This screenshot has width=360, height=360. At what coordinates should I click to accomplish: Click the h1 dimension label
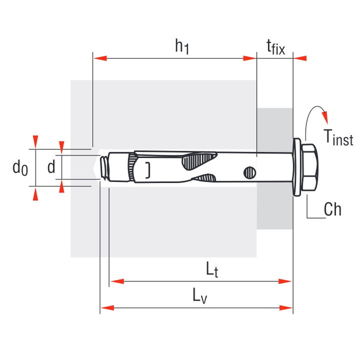pyautogui.click(x=182, y=47)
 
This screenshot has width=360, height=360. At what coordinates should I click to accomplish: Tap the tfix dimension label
pyautogui.click(x=274, y=48)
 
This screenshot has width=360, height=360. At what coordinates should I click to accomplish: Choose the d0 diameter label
pyautogui.click(x=21, y=167)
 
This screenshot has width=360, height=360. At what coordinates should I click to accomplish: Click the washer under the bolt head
pyautogui.click(x=297, y=167)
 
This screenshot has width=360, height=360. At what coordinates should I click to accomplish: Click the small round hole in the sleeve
pyautogui.click(x=248, y=173)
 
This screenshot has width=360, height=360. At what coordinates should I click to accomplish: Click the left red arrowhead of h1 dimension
pyautogui.click(x=98, y=57)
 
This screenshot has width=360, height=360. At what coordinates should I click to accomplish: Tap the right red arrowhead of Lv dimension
pyautogui.click(x=287, y=307)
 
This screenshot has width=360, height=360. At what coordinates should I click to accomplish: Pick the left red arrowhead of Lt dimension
pyautogui.click(x=116, y=281)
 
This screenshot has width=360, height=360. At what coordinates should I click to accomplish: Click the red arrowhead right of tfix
pyautogui.click(x=300, y=57)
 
